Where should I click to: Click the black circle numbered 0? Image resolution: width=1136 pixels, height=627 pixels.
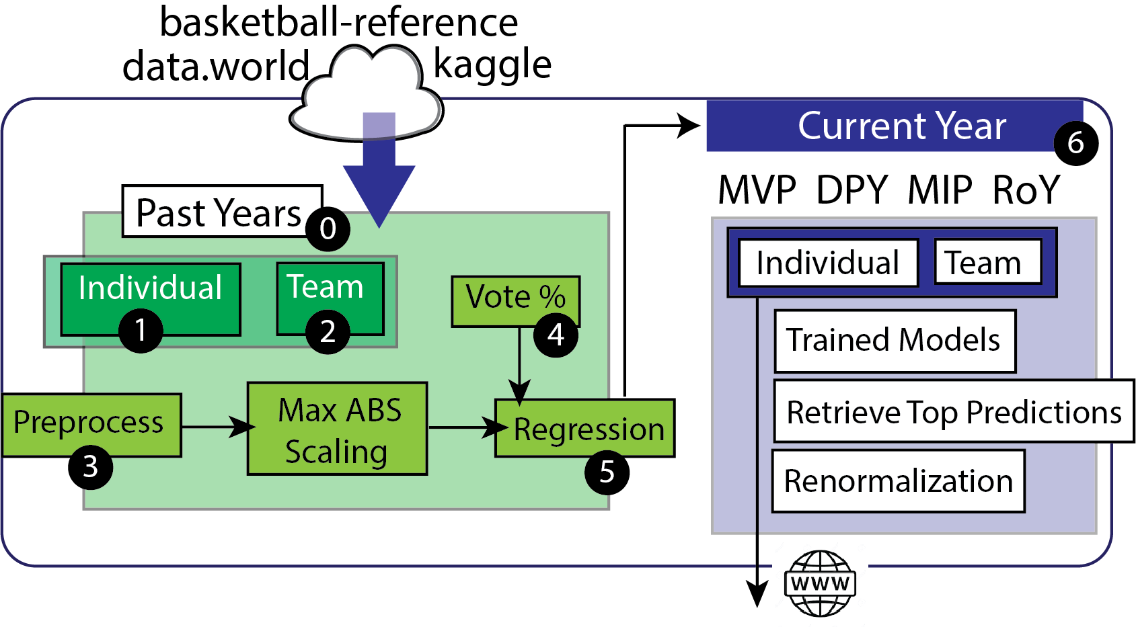tap(328, 228)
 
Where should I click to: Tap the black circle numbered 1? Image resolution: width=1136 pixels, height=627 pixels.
tap(141, 330)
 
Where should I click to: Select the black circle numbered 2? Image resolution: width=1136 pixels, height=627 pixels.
tap(328, 331)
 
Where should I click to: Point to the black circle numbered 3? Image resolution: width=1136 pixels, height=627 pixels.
tap(90, 467)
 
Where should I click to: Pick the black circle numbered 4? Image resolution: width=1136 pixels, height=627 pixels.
tap(556, 334)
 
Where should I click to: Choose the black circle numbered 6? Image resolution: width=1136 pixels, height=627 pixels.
tap(1075, 142)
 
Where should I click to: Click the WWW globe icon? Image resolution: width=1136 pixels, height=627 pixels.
tap(820, 583)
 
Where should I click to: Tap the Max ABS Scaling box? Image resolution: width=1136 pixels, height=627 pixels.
tap(337, 429)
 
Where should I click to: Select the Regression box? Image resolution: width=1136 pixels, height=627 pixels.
tap(585, 429)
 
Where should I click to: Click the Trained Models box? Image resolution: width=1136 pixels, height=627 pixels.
tap(895, 341)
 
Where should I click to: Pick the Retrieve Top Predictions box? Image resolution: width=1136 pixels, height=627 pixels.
tap(954, 411)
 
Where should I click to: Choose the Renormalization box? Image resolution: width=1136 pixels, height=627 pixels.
tap(898, 481)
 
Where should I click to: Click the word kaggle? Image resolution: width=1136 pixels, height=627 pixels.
tap(492, 65)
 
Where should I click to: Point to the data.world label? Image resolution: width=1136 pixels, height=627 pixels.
tap(215, 67)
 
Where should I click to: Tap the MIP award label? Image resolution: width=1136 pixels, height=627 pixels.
tap(940, 190)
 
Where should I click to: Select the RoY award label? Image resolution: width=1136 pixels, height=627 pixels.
tap(1026, 190)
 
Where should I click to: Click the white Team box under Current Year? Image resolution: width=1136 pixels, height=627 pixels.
tap(987, 262)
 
